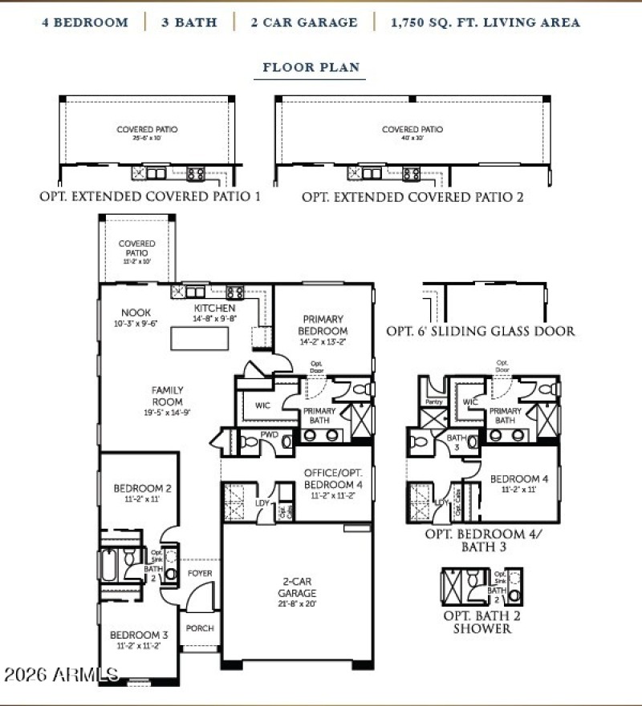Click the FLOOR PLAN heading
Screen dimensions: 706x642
(x=311, y=67)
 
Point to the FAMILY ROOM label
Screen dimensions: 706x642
(x=168, y=396)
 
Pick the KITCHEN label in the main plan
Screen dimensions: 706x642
(x=214, y=309)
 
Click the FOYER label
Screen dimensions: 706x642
(x=200, y=574)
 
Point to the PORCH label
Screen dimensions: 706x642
(x=200, y=628)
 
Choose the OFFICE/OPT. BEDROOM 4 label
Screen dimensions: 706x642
(x=333, y=478)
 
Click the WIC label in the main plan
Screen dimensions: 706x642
(x=262, y=405)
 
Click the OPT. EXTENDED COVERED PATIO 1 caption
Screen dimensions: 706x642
(x=149, y=196)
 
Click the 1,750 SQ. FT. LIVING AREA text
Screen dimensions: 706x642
(x=485, y=22)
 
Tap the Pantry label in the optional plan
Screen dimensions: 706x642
(x=434, y=401)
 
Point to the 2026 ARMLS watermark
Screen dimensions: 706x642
(x=60, y=673)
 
